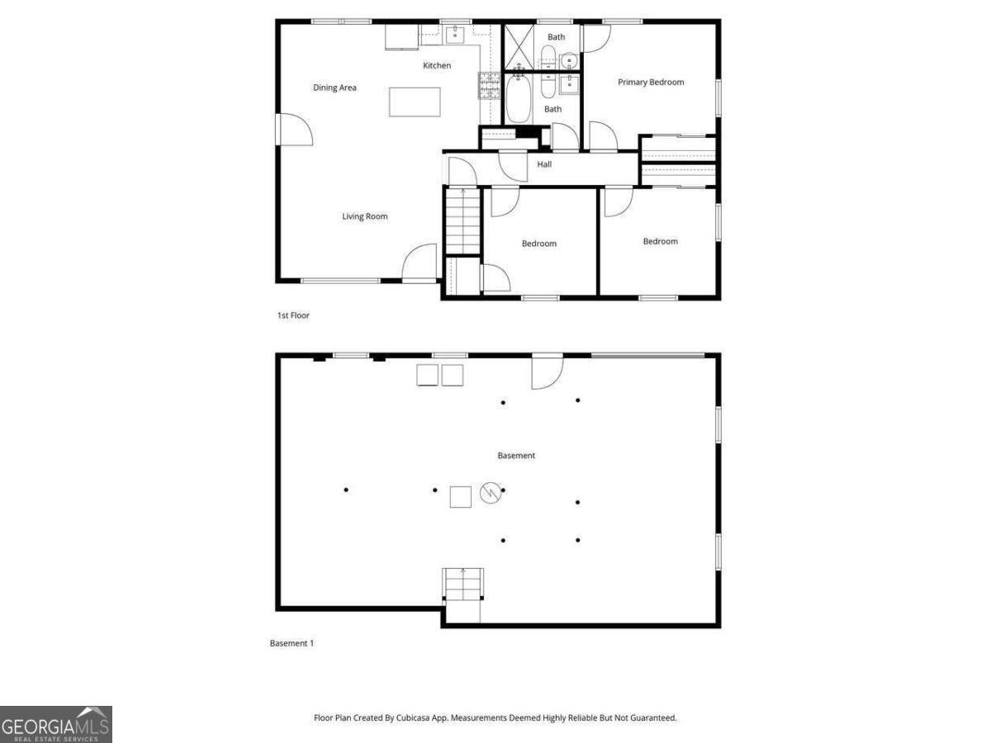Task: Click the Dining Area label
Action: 334,88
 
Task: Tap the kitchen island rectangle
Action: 415,102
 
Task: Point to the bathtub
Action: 519,100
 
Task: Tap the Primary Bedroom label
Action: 651,82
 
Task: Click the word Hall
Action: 544,164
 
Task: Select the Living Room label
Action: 364,216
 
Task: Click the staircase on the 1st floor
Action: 462,220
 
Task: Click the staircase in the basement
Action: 462,588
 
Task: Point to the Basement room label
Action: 516,456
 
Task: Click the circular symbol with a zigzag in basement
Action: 491,494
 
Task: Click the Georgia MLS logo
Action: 56,724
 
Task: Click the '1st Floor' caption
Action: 293,315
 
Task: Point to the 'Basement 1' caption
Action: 292,643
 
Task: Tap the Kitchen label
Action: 437,65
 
